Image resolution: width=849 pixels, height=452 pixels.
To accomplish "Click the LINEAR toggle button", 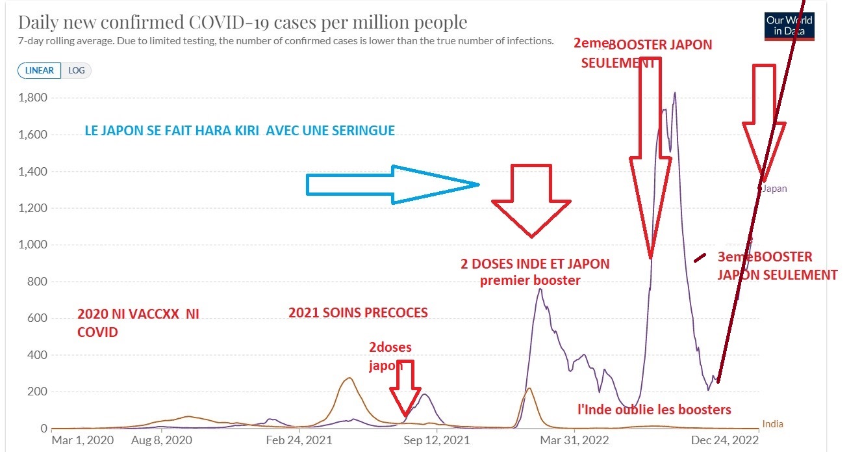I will point(40,70).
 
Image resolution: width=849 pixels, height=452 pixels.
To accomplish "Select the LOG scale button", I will point(77,70).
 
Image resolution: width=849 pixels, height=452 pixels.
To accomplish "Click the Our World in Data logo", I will point(789,26).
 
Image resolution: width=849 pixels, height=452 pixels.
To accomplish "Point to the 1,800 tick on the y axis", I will point(32,98).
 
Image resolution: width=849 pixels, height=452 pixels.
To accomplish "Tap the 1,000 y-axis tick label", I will point(32,245).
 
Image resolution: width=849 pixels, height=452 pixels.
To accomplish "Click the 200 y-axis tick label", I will point(38,392).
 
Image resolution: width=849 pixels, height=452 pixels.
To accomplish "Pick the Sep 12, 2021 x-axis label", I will point(437,440).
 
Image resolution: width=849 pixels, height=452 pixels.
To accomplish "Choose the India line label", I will point(772,424).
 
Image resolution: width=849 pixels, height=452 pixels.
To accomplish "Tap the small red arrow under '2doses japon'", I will point(406,388).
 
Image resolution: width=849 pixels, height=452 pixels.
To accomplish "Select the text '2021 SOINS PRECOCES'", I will point(358,313).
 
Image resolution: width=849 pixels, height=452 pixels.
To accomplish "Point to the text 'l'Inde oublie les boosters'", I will point(655,410).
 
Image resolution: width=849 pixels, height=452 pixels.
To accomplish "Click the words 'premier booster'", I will point(530,281).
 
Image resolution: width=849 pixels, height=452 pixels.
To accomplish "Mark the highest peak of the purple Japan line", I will point(675,93).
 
